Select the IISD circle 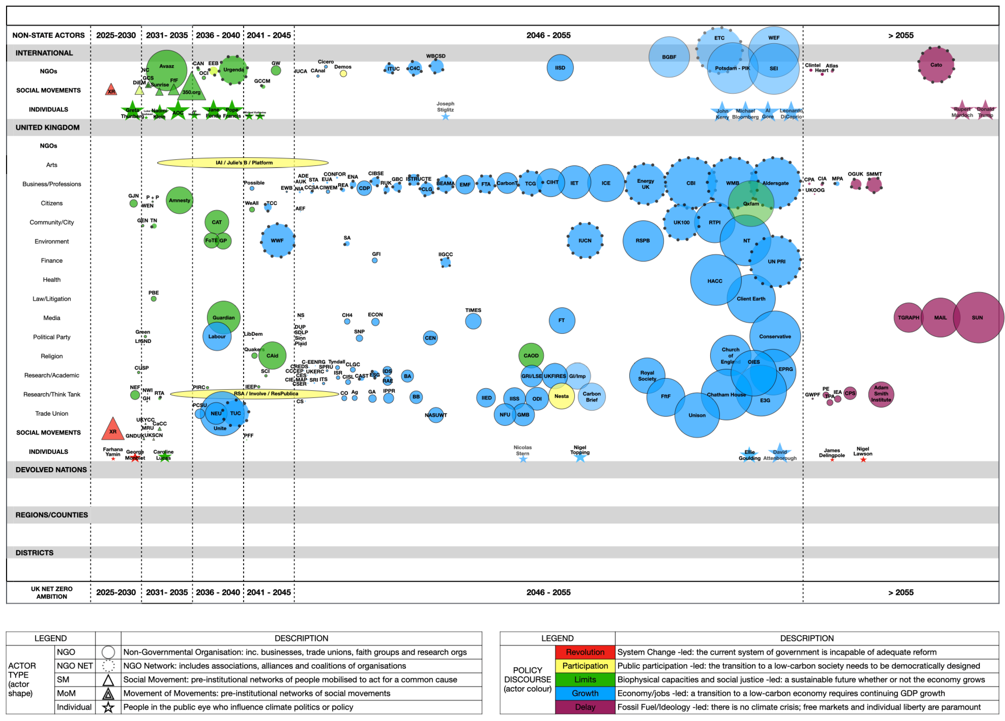pos(560,68)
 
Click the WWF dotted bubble pos(278,241)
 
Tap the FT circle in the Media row pos(561,320)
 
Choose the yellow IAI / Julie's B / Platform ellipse pos(243,163)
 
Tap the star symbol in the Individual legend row pos(108,707)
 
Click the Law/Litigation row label pos(51,299)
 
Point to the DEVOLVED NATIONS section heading pos(51,470)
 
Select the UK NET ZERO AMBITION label pos(51,593)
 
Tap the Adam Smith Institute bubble pos(881,394)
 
